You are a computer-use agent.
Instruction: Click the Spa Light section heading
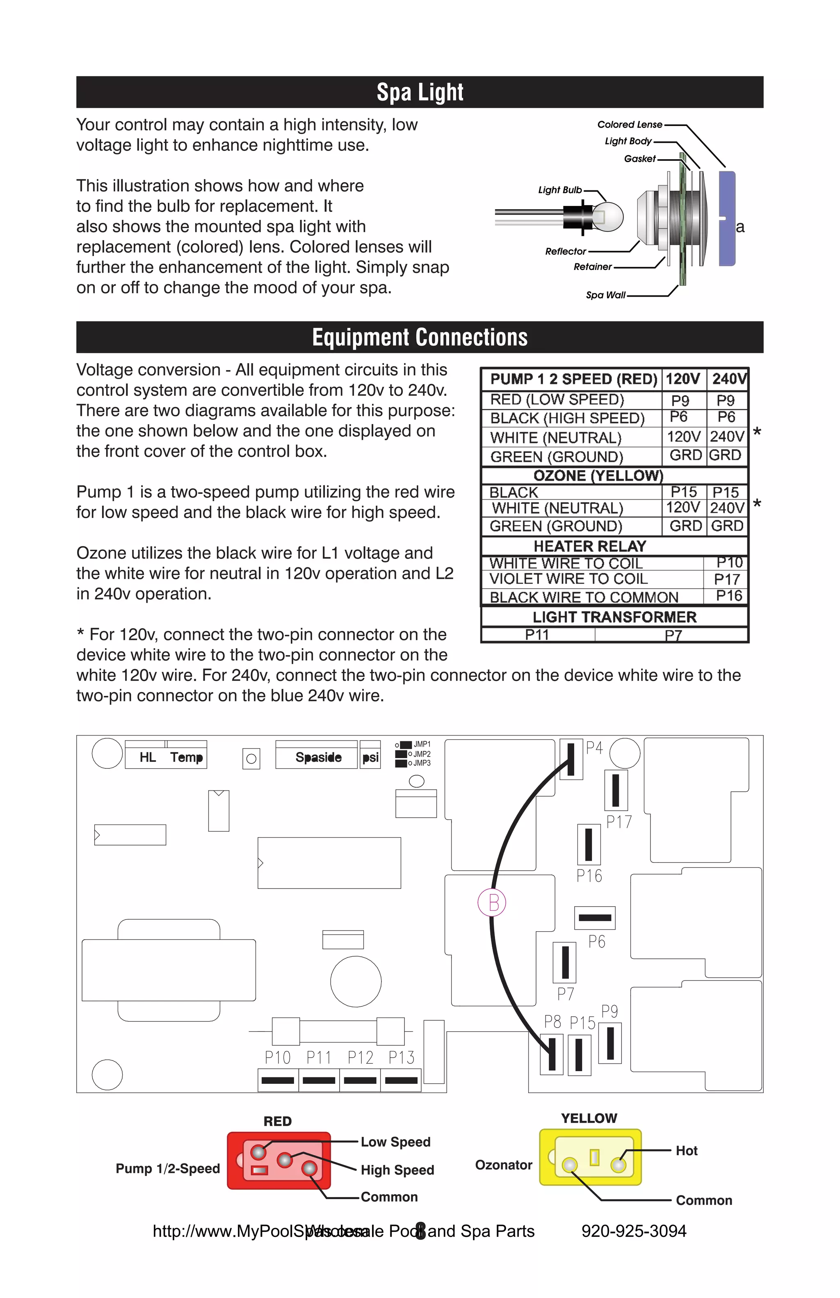420,92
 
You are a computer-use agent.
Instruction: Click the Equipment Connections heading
420,337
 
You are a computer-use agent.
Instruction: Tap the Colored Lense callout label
629,124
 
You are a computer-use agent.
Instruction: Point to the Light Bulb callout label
559,190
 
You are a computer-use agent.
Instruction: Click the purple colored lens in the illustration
727,218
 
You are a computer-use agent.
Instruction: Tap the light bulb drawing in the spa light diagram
606,215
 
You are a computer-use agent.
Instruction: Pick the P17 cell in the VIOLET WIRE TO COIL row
727,579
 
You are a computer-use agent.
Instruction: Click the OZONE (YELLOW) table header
598,475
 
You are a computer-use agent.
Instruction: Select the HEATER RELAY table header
590,546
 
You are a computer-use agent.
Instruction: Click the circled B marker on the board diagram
492,902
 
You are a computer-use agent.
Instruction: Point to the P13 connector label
401,1058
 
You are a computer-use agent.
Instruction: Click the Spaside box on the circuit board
318,757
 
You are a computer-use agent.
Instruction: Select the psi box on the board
370,757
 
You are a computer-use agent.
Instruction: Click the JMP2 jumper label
421,754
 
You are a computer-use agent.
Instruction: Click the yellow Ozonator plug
590,1157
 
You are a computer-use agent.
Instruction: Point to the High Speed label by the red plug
397,1170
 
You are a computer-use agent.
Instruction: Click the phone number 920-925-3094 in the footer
633,1231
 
